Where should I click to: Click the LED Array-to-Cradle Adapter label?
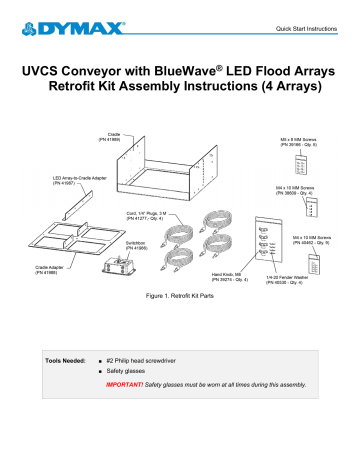coord(75,181)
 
